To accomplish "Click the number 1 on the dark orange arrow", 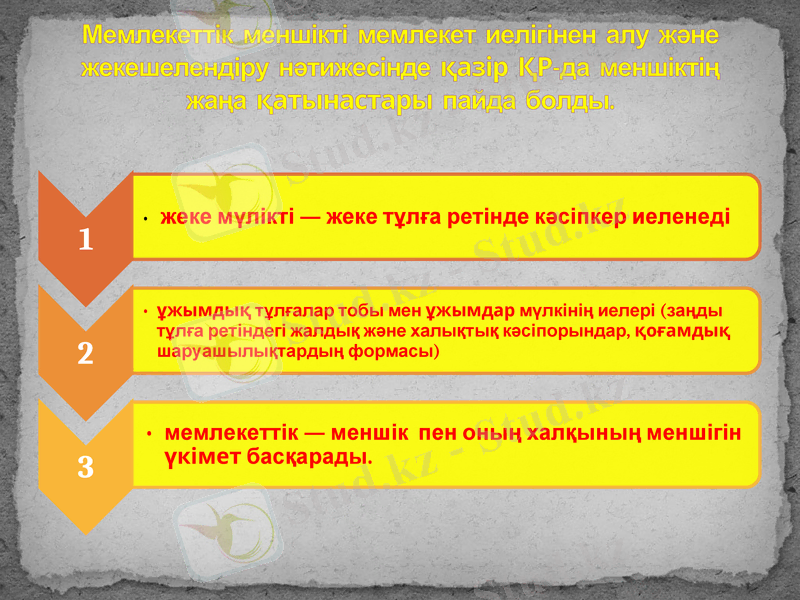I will pos(85,240).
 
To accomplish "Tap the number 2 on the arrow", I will pos(85,353).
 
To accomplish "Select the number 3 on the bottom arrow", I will pos(85,466).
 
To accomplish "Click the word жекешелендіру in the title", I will pos(171,69).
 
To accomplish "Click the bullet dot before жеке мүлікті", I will pos(146,218).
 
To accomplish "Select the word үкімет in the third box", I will pos(196,457).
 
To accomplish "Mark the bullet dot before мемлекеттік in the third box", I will pos(148,435).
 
